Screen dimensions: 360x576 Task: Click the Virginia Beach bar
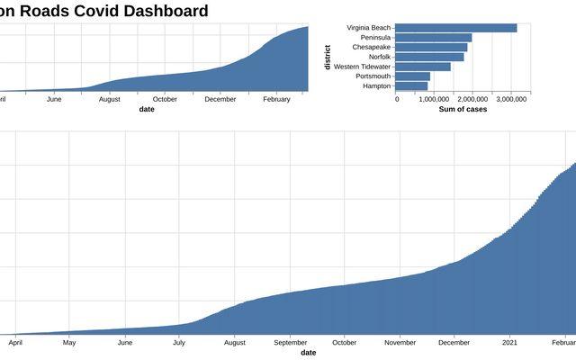point(456,28)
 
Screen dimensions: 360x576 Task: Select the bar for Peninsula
point(434,38)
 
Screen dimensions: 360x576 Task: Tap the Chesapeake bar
point(432,47)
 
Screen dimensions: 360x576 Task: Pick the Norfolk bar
point(430,57)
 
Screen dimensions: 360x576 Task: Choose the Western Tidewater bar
point(423,67)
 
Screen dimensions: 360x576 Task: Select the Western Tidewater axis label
point(362,67)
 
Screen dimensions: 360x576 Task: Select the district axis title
point(328,57)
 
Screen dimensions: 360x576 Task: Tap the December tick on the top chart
point(220,99)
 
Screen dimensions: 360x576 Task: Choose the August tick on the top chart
point(109,99)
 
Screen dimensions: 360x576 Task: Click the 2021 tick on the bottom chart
point(509,343)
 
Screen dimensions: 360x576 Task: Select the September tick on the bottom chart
point(290,343)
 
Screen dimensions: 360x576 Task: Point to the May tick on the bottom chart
point(69,343)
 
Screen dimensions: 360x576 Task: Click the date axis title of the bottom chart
point(308,353)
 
